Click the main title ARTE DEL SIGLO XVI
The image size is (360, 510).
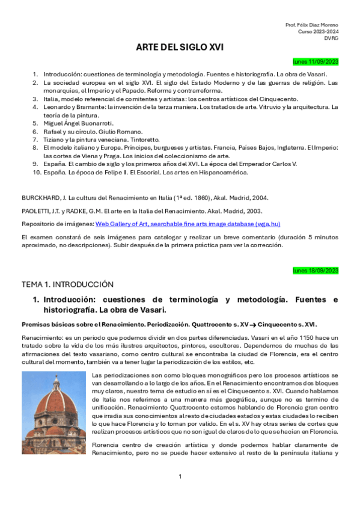(180, 48)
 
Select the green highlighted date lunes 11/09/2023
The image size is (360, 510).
(316, 61)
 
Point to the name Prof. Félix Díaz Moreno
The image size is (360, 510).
(311, 24)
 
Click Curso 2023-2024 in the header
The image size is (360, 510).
(318, 31)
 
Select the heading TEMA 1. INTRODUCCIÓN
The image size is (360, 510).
(67, 284)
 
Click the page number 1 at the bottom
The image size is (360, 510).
(180, 476)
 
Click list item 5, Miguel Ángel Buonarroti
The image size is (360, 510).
(78, 123)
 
